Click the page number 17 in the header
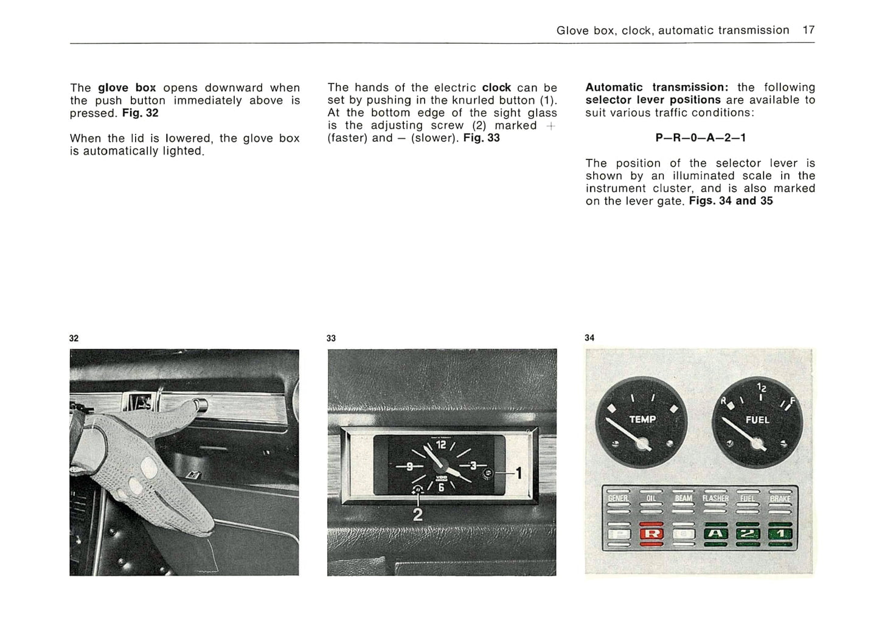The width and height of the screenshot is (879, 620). coord(808,30)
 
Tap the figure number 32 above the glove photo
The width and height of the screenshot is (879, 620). coord(74,338)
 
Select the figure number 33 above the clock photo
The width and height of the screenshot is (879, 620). coord(331,338)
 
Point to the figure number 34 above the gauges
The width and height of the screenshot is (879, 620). coord(589,338)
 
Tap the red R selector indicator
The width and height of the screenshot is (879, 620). coord(650,535)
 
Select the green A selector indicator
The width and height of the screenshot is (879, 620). coord(715,535)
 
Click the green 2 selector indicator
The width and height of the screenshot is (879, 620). coord(748,535)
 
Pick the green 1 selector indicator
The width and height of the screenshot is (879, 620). coord(780,535)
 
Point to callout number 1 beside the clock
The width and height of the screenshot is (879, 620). coord(518,473)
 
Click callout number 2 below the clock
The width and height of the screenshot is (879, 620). coord(418,515)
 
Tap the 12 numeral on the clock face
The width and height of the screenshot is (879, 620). coord(441,445)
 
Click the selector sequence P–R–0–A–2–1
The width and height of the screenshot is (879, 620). coord(700,138)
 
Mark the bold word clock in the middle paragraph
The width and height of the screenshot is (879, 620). coord(496,88)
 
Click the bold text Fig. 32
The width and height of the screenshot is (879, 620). coord(140,113)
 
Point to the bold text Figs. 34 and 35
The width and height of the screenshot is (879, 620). coord(731,201)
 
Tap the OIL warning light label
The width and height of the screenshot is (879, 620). coord(650,498)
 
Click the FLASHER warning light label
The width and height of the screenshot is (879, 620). coord(715,498)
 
